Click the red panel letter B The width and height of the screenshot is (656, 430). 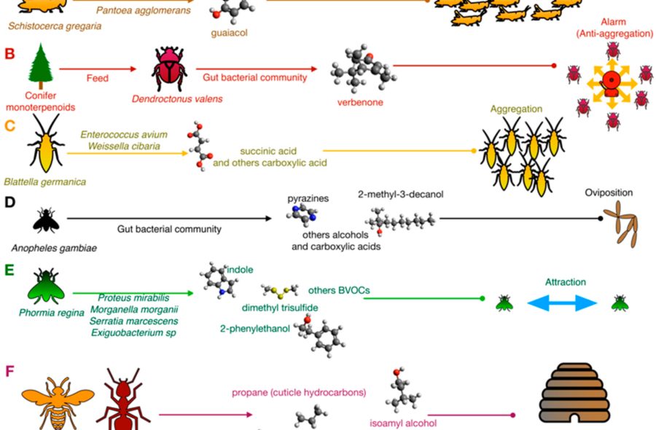9,53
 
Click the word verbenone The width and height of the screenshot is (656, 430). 361,102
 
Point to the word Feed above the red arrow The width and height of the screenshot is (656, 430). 97,79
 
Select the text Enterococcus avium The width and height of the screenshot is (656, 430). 124,135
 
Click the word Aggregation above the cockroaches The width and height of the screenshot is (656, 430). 516,109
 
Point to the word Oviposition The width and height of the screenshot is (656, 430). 609,193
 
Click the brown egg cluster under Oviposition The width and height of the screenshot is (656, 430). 619,223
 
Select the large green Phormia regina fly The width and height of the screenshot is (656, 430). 46,285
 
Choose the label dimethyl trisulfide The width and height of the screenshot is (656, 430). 280,308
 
